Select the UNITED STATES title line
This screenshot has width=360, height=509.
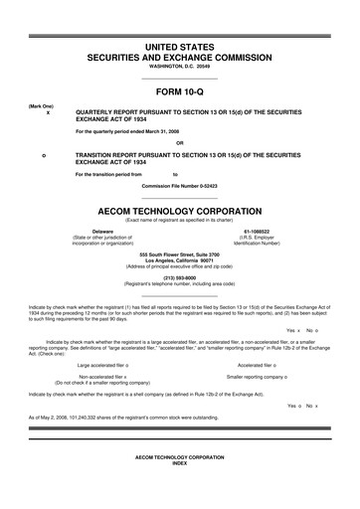pos(179,48)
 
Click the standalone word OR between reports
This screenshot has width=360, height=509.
pos(179,142)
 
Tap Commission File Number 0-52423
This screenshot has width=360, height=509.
pos(179,186)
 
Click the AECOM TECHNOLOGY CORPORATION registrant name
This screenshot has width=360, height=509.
pos(179,212)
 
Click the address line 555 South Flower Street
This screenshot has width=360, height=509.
pos(179,254)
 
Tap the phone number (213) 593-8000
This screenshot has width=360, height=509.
pos(179,278)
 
